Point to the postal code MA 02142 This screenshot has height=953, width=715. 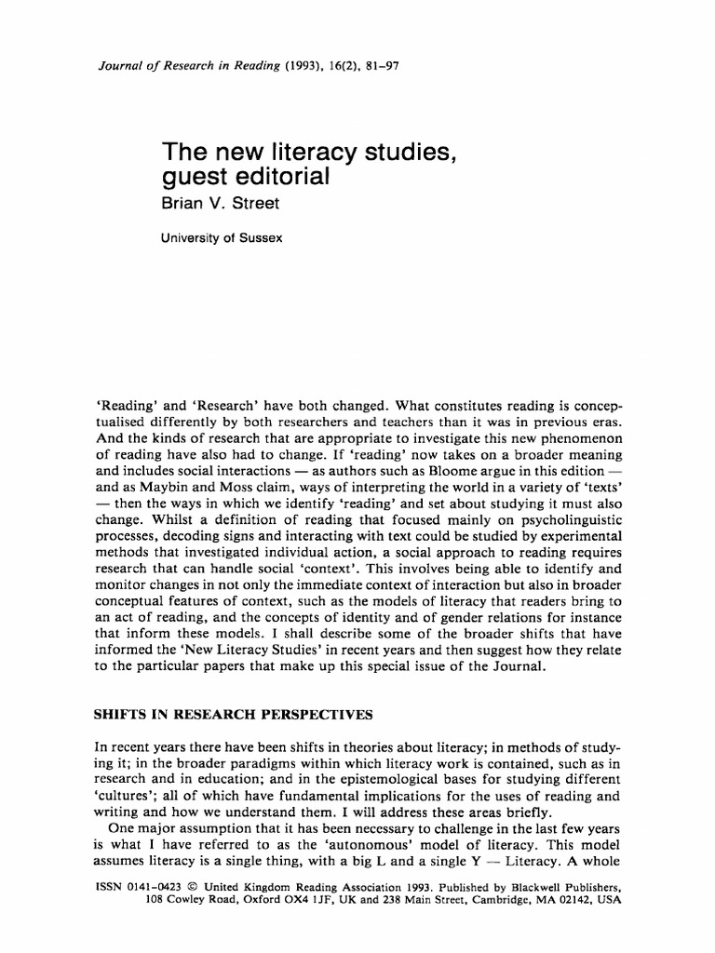point(555,901)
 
